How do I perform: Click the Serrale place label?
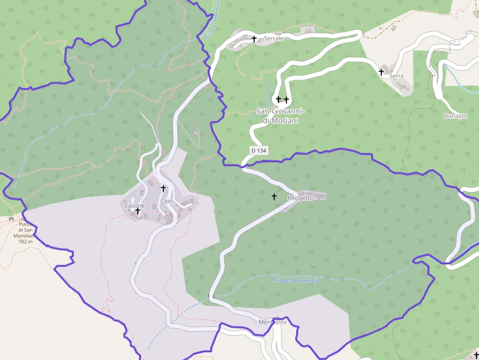click(x=274, y=39)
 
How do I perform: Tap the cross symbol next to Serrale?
click(x=254, y=39)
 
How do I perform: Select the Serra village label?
click(x=396, y=76)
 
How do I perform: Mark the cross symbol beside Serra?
click(x=381, y=72)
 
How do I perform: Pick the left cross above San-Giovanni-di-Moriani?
click(x=279, y=100)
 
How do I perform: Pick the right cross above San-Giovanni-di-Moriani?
click(x=286, y=100)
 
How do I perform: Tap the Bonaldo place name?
click(x=456, y=116)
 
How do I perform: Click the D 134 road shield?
click(x=259, y=151)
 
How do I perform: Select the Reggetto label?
click(x=300, y=198)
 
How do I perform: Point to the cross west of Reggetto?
click(x=274, y=196)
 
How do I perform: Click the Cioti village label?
click(x=166, y=202)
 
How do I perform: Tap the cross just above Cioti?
click(x=163, y=188)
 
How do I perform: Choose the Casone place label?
click(x=134, y=206)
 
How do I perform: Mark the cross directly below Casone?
click(x=138, y=212)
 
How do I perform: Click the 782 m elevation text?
click(x=25, y=241)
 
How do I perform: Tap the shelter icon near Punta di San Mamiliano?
click(x=11, y=219)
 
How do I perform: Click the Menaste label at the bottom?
click(x=273, y=322)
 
